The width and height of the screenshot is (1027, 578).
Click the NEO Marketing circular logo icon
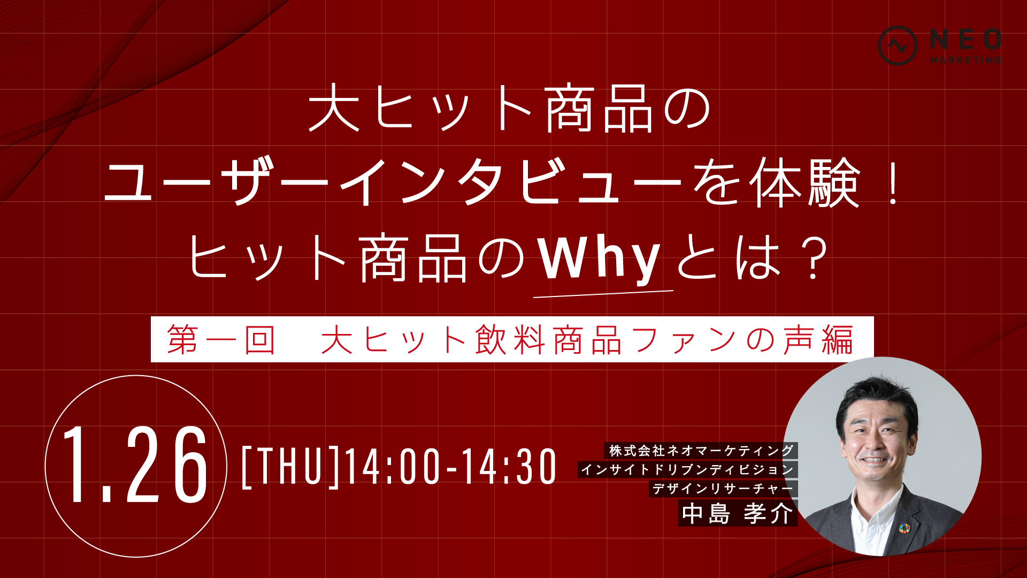pyautogui.click(x=898, y=45)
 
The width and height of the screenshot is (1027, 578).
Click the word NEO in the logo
pyautogui.click(x=965, y=40)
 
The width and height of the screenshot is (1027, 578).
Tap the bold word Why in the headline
pyautogui.click(x=600, y=260)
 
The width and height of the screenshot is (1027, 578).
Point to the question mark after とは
pyautogui.click(x=814, y=260)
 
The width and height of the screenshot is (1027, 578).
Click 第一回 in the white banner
pyautogui.click(x=221, y=340)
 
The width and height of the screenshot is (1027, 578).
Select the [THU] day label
pyautogui.click(x=291, y=467)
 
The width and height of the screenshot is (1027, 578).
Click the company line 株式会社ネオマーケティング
pyautogui.click(x=701, y=451)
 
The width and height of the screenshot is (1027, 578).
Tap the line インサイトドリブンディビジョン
pyautogui.click(x=687, y=470)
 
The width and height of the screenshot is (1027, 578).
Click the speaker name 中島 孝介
pyautogui.click(x=738, y=514)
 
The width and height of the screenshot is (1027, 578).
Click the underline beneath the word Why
pyautogui.click(x=603, y=293)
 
